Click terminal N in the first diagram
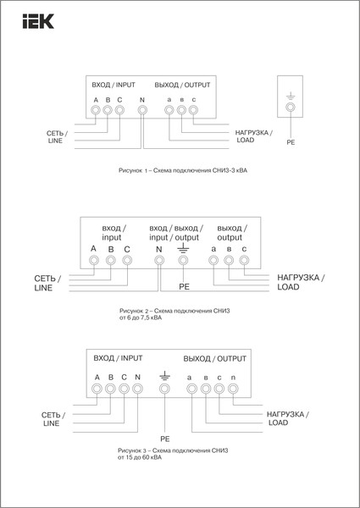click(142, 112)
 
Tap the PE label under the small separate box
click(291, 144)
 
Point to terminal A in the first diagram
click(96, 112)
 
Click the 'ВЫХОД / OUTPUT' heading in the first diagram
click(181, 86)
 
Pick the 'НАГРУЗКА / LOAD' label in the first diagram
click(252, 137)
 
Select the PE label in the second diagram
click(184, 287)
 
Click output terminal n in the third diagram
click(234, 389)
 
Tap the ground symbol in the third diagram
click(164, 374)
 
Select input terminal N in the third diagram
click(137, 389)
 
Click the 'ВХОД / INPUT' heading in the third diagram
click(115, 358)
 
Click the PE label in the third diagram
click(165, 439)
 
